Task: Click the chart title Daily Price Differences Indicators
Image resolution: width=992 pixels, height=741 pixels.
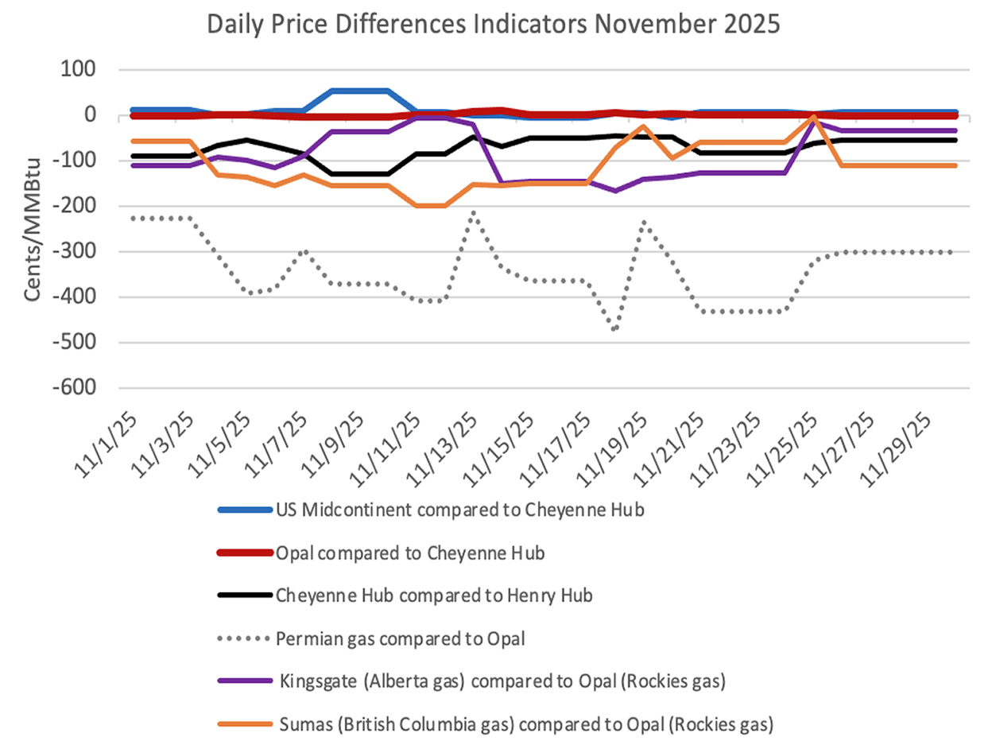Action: click(494, 25)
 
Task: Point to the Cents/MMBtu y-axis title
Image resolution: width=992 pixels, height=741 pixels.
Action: click(33, 230)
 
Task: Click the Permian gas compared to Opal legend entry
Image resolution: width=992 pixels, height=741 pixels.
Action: click(401, 636)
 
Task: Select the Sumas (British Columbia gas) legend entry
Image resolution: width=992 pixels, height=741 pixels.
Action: click(525, 723)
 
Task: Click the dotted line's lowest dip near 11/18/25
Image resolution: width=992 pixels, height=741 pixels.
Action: click(614, 329)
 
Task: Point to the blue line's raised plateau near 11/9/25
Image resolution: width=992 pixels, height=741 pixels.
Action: click(359, 91)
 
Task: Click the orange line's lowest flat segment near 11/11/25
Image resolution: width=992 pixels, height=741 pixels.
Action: click(430, 206)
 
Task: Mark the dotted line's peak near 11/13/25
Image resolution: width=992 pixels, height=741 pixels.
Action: click(473, 212)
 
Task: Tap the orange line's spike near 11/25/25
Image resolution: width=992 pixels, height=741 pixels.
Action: click(813, 117)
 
